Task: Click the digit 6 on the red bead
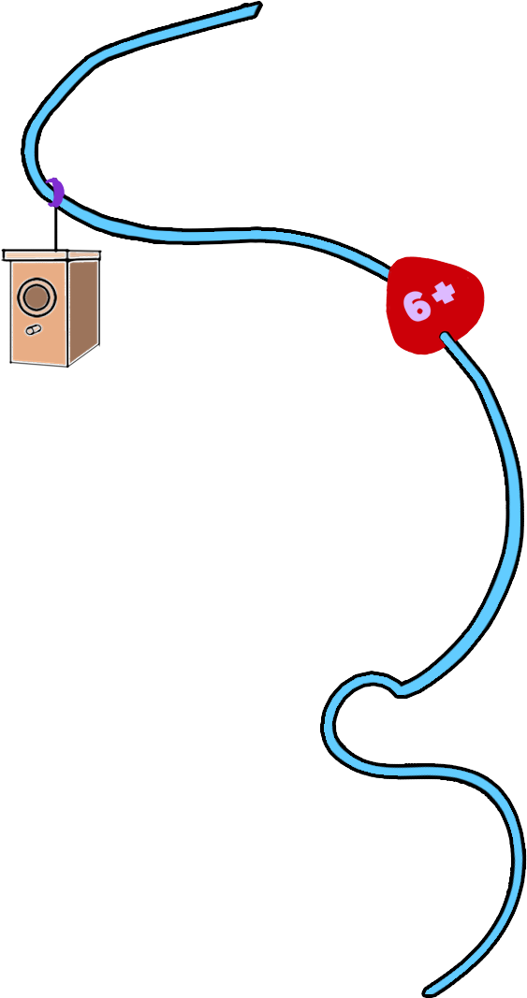[x=415, y=306]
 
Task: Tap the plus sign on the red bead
[x=444, y=294]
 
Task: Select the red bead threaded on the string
[x=435, y=305]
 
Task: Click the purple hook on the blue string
[x=56, y=193]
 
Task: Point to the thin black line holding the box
[x=56, y=228]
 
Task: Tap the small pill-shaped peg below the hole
[x=34, y=329]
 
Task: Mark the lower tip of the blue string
[x=428, y=991]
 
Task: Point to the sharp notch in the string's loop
[x=398, y=689]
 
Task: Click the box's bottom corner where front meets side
[x=68, y=365]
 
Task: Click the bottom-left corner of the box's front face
[x=11, y=362]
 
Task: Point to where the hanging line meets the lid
[x=56, y=251]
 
